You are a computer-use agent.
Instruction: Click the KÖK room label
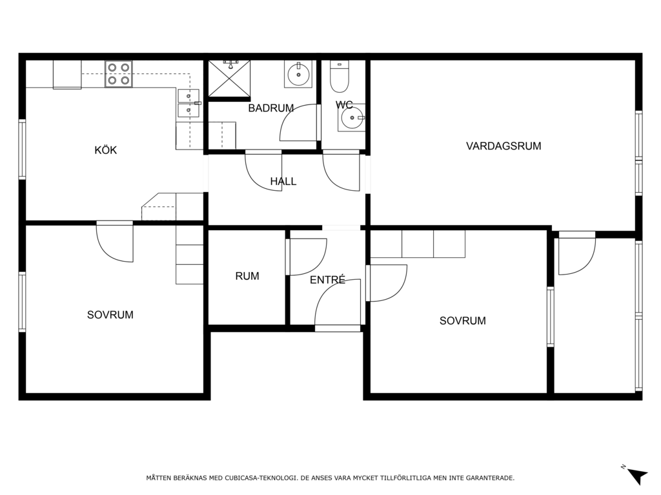tap(105, 150)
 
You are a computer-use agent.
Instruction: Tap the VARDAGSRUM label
tap(503, 146)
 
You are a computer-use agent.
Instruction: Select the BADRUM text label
tap(270, 108)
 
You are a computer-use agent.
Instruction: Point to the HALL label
tap(283, 181)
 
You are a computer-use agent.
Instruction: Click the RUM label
tap(247, 276)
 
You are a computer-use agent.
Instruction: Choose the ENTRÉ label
tap(327, 280)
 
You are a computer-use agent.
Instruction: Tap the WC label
tap(344, 105)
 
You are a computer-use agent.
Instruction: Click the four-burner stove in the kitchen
tap(119, 74)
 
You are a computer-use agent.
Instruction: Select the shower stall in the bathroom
tap(229, 78)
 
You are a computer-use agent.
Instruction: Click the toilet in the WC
tap(340, 77)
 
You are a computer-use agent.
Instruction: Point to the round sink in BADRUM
tap(298, 74)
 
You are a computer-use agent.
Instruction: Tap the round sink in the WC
tap(351, 118)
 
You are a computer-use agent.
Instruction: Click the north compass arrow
tap(636, 475)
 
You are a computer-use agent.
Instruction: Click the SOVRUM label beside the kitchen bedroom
tap(110, 315)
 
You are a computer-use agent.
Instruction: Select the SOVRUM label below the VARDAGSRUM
tap(462, 321)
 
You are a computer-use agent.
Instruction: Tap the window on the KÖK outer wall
tap(22, 150)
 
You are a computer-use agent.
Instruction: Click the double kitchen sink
tap(188, 103)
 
